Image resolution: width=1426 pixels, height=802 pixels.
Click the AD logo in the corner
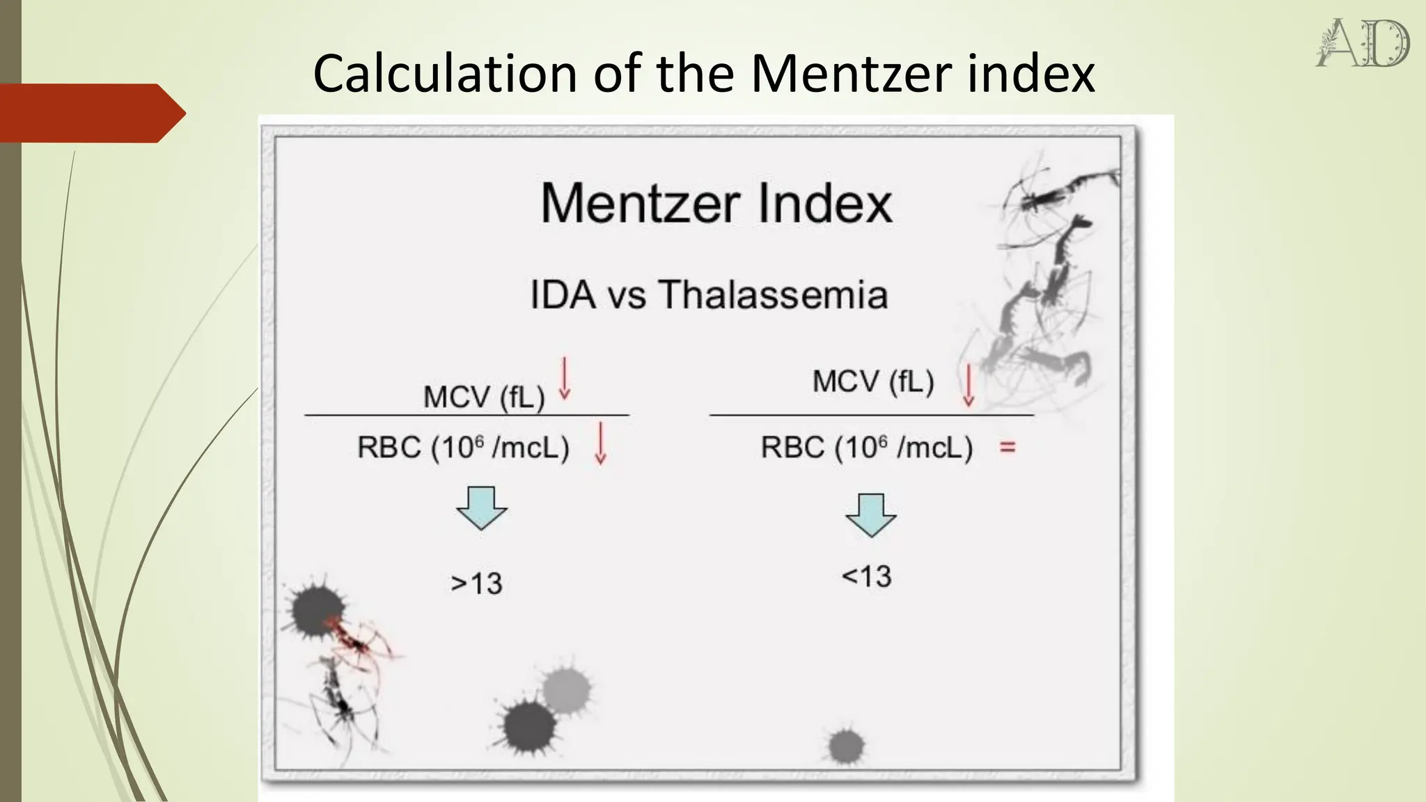tap(1363, 43)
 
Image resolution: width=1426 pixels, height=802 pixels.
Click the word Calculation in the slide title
tap(445, 73)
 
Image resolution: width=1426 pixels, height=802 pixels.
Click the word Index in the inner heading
tap(824, 204)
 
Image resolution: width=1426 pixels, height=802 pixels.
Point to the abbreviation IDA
tap(563, 294)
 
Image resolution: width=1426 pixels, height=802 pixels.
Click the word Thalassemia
tap(773, 294)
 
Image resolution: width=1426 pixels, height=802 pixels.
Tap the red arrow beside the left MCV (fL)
tap(565, 378)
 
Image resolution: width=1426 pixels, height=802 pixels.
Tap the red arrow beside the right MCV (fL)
tap(968, 386)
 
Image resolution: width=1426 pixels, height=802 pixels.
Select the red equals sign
tap(1008, 447)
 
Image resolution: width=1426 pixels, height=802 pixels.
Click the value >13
tap(476, 583)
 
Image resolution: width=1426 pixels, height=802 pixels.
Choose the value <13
tap(866, 576)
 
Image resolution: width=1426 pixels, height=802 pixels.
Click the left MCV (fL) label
tap(484, 398)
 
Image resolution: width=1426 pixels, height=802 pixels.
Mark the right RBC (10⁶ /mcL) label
tap(866, 447)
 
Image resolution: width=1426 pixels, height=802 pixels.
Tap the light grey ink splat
tap(566, 691)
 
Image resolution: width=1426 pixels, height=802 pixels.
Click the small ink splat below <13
tap(846, 746)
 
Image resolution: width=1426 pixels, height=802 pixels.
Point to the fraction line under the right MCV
tap(871, 415)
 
